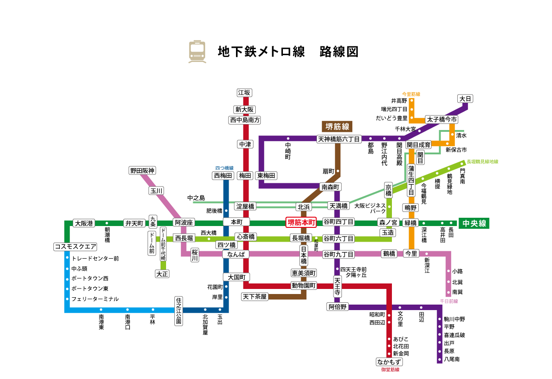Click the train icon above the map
coord(197,51)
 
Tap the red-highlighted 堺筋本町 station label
coord(301,222)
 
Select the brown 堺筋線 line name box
coord(337,127)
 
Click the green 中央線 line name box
coord(474,223)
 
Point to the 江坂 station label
coord(244,93)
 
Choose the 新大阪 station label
coord(244,110)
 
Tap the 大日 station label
coord(465,99)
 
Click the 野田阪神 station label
coord(142,170)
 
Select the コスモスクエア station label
coord(75,247)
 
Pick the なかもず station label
coord(389,362)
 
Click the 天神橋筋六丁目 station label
coord(339,139)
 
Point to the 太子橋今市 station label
coord(442,119)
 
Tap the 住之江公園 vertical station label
coord(178,311)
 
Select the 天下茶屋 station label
coord(255,297)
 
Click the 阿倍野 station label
coord(338,306)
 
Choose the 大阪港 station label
coord(84,223)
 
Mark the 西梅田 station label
coord(223,175)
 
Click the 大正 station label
coord(162,274)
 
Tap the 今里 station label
coord(411,253)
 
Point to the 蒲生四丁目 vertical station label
coord(411,180)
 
